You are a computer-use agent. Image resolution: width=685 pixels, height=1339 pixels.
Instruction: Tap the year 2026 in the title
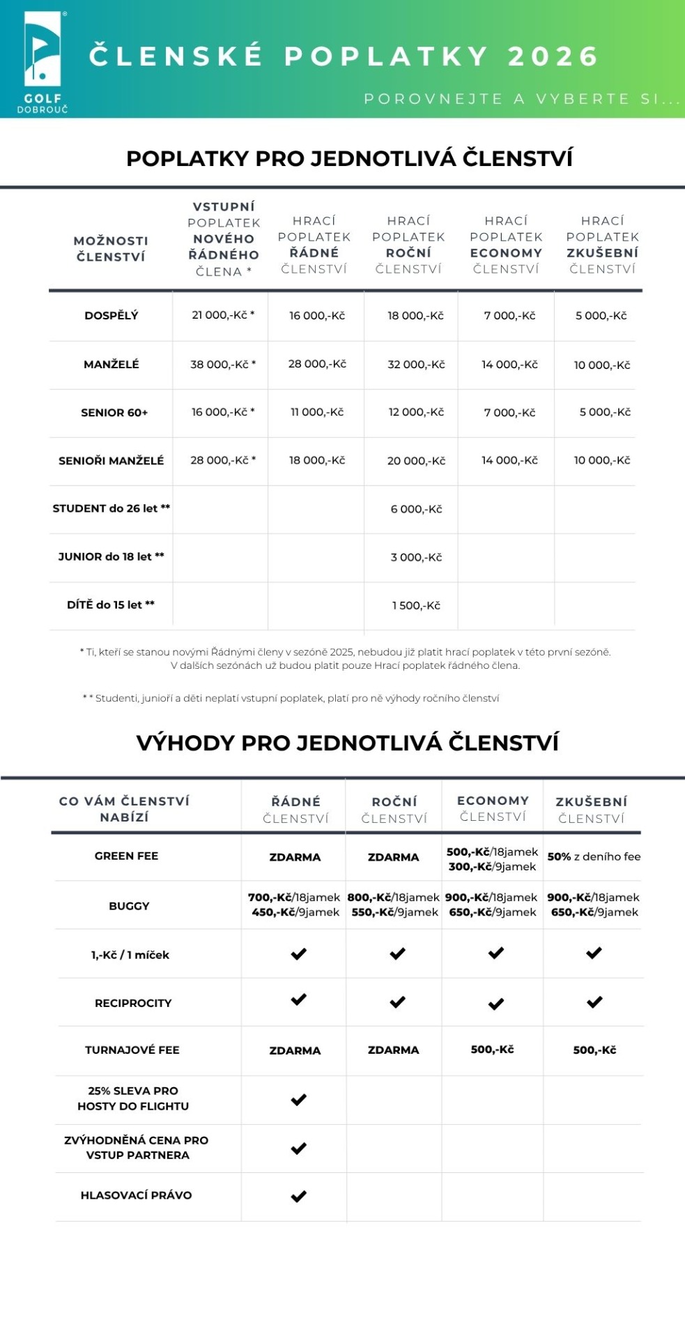click(553, 56)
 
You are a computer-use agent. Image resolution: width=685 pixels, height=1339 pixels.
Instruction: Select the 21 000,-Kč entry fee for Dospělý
click(223, 315)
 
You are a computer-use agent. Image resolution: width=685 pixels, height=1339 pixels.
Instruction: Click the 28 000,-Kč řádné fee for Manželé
click(317, 364)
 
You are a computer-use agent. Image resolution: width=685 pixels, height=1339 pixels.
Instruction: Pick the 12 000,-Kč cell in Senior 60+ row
click(416, 412)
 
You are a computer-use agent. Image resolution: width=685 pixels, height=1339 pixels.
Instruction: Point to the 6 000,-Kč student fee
click(416, 509)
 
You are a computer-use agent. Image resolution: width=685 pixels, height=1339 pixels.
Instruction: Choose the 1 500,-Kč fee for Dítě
click(416, 605)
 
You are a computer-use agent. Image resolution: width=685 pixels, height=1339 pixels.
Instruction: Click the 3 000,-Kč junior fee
click(416, 557)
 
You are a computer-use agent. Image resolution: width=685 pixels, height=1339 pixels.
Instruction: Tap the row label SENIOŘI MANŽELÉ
click(111, 461)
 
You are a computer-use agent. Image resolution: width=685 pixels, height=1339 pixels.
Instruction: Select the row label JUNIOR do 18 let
click(111, 557)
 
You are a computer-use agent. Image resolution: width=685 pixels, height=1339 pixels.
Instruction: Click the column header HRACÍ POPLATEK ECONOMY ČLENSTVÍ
click(506, 245)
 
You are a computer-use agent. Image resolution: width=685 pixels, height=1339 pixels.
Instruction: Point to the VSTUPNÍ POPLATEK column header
click(224, 239)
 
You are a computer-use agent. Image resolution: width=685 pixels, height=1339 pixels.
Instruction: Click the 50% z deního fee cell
click(594, 856)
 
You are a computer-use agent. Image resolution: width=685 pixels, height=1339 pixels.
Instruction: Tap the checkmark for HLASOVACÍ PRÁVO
click(298, 1196)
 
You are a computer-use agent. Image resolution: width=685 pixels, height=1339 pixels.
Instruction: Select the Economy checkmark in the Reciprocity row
click(495, 1004)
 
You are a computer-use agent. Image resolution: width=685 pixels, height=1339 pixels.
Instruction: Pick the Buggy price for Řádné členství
click(295, 905)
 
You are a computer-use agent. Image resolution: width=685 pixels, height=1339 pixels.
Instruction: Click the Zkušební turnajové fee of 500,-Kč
click(594, 1050)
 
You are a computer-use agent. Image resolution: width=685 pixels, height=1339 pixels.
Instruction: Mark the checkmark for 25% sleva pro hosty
click(298, 1100)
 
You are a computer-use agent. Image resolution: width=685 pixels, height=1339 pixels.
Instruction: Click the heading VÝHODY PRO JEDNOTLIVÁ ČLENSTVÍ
click(348, 743)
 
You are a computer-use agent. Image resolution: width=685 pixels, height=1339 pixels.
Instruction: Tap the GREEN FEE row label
click(126, 856)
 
